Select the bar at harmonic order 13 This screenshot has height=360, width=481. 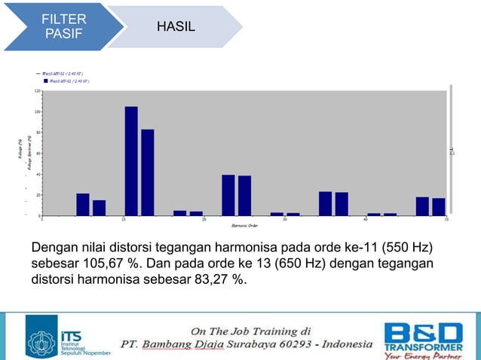point(148,172)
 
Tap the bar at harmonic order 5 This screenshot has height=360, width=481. point(83,204)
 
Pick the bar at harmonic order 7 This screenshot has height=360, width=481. point(99,207)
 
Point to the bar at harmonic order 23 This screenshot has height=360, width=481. point(228,195)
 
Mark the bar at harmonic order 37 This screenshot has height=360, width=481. point(342,203)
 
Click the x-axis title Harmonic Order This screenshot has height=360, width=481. point(244,224)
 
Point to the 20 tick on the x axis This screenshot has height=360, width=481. point(204,220)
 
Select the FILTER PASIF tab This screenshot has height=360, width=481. point(64,27)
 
